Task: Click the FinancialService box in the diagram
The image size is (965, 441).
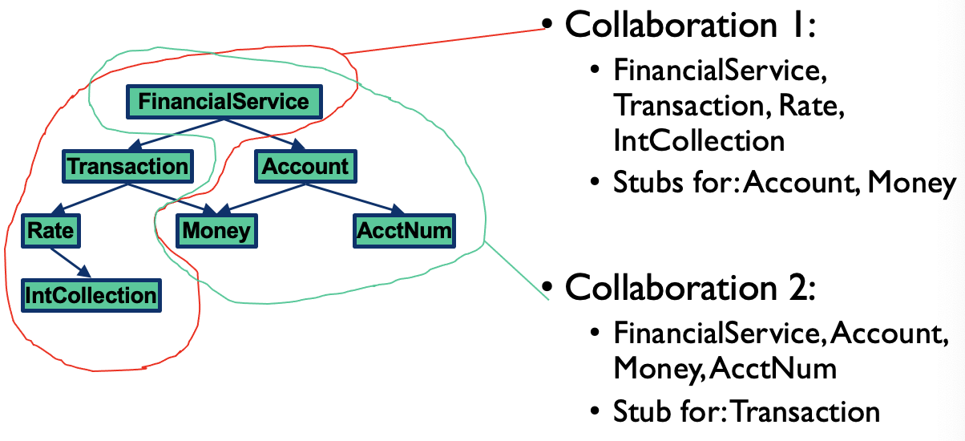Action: [x=224, y=102]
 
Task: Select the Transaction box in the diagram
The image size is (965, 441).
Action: [x=127, y=167]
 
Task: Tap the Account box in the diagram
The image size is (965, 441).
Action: [x=305, y=167]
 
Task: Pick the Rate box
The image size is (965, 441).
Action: [x=50, y=231]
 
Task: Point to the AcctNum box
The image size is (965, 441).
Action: [x=403, y=231]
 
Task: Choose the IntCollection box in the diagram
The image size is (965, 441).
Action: [x=91, y=295]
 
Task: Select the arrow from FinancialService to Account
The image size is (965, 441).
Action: [x=264, y=134]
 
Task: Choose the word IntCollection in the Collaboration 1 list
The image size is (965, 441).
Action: [x=698, y=140]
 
